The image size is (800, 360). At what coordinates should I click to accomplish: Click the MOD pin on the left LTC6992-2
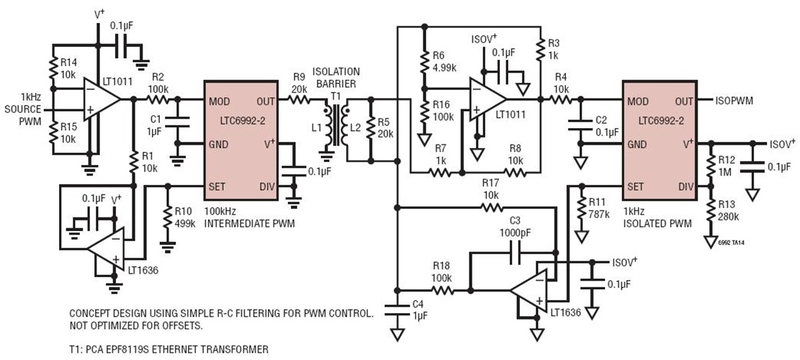click(x=219, y=101)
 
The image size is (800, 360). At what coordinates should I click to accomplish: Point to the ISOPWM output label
click(x=735, y=101)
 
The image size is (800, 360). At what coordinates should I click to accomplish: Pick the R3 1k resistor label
click(x=554, y=50)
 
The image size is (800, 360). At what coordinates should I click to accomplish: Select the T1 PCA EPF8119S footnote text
click(x=168, y=349)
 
